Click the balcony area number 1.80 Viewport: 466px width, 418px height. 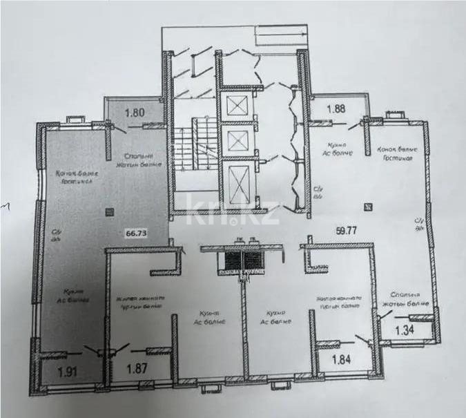coord(134,109)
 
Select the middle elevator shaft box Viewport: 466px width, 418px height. coord(237,141)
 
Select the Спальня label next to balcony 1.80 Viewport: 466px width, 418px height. coord(140,156)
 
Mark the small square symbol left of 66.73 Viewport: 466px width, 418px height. coord(108,213)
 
